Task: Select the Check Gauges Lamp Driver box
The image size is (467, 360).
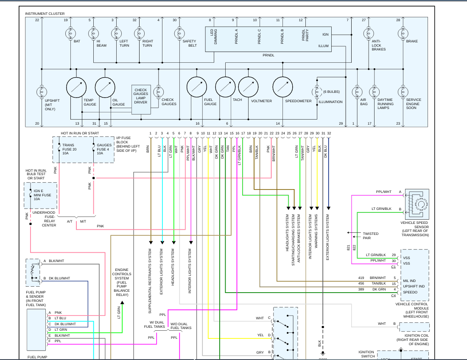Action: (141, 100)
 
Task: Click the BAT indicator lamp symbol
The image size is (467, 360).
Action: (70, 33)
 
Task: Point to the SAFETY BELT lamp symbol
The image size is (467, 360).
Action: (179, 33)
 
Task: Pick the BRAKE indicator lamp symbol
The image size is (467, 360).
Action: (403, 33)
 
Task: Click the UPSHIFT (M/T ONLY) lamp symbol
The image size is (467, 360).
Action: (42, 92)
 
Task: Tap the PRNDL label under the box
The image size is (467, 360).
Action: (268, 56)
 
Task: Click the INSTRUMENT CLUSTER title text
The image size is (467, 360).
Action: (45, 14)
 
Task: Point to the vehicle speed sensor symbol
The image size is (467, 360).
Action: (419, 204)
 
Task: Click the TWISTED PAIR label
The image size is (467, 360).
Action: (370, 236)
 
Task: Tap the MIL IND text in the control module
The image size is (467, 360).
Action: (409, 281)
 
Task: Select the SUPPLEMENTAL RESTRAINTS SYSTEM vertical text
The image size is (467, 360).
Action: (150, 281)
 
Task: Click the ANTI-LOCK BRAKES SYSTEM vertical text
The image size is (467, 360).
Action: (299, 238)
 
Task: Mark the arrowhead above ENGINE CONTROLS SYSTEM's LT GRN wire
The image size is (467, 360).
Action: (122, 302)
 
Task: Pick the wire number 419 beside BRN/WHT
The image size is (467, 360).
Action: (361, 278)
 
